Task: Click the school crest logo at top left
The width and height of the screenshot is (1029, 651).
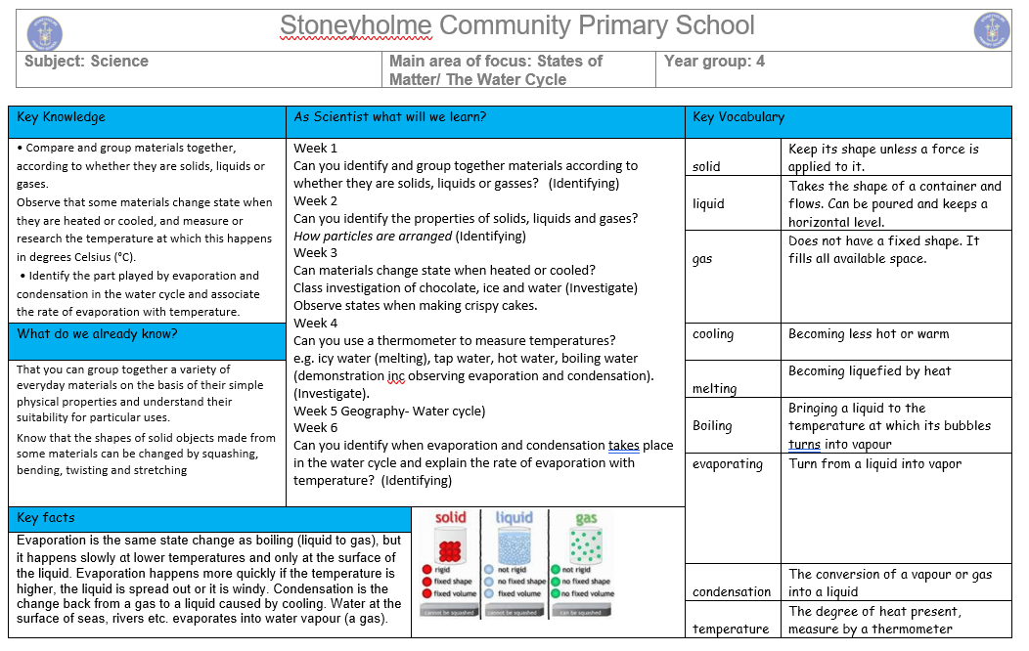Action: [44, 31]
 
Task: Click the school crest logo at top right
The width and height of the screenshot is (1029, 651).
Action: [991, 30]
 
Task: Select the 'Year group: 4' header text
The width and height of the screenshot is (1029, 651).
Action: [714, 62]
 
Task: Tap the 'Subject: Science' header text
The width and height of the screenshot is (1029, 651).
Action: [86, 62]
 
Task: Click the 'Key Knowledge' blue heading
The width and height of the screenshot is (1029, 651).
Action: [61, 117]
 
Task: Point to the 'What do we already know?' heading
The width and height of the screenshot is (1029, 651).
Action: [98, 334]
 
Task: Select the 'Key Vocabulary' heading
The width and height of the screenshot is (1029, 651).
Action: [738, 117]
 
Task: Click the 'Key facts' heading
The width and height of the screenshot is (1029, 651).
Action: [46, 518]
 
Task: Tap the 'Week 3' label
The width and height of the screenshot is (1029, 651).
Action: [315, 252]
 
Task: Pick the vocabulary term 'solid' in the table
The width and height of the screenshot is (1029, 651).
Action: [706, 167]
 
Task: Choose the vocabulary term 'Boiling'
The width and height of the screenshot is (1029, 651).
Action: [711, 426]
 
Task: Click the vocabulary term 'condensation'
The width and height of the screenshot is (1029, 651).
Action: [732, 591]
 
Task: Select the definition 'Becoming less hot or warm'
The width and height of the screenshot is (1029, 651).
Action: [869, 334]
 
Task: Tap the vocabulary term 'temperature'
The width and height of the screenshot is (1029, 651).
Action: [731, 629]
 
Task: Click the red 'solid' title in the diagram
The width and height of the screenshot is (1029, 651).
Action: [451, 519]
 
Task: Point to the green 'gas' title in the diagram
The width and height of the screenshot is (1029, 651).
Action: [586, 519]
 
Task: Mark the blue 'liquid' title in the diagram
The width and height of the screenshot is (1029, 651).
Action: [514, 518]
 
